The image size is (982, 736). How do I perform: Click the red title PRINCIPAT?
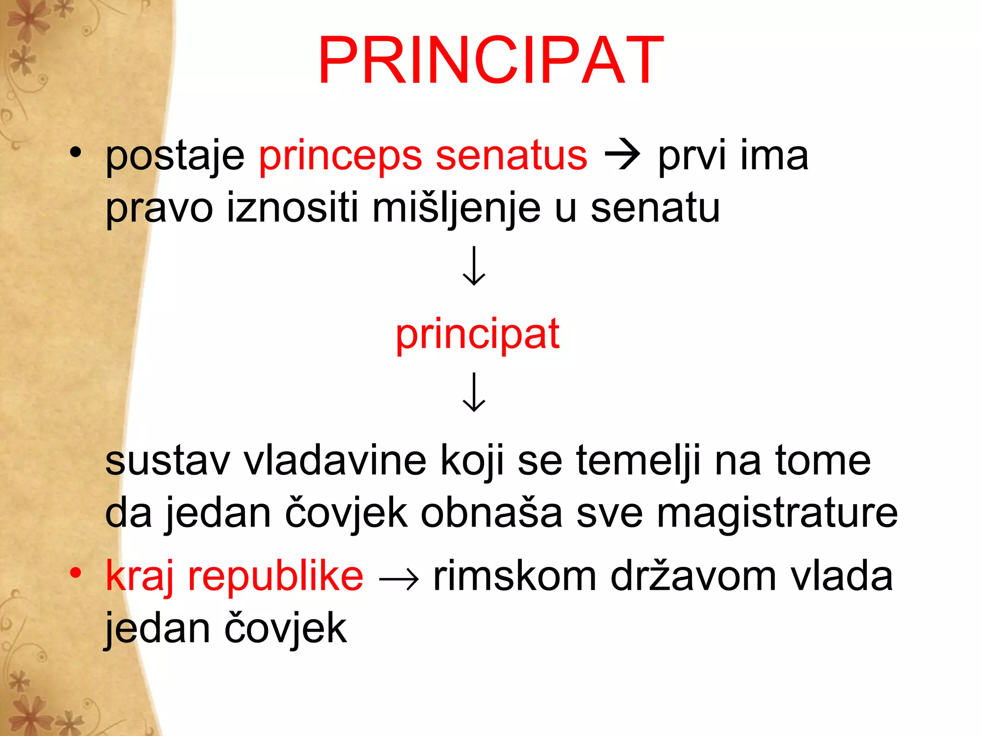(x=491, y=61)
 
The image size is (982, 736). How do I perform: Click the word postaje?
(x=175, y=156)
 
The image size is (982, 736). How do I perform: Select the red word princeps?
(x=340, y=156)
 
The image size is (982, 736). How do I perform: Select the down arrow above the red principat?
(x=474, y=266)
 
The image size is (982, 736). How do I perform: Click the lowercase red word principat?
(x=478, y=334)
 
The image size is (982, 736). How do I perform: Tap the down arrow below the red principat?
(x=474, y=392)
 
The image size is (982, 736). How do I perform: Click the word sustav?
(x=167, y=461)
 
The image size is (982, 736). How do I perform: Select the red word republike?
(x=276, y=576)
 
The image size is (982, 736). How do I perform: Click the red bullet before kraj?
(x=76, y=573)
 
